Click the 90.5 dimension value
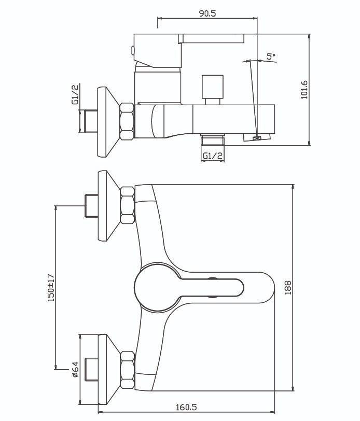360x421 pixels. coord(207,13)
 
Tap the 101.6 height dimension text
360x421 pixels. coord(304,90)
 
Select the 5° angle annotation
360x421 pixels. coord(271,56)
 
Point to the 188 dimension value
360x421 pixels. coord(288,288)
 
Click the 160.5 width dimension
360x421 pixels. coord(186,407)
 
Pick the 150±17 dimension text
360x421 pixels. coord(51,288)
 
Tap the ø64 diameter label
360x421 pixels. coord(75,369)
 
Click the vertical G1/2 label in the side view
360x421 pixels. coord(75,94)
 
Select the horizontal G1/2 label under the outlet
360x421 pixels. coord(213,156)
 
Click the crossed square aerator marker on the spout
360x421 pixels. coord(257,138)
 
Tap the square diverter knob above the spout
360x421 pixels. coord(213,87)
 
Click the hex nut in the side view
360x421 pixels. coord(127,121)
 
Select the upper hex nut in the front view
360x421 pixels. coord(127,205)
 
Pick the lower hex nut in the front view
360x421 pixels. coord(127,370)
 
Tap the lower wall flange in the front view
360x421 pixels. coord(108,370)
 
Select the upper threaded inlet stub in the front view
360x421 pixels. coord(91,205)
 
